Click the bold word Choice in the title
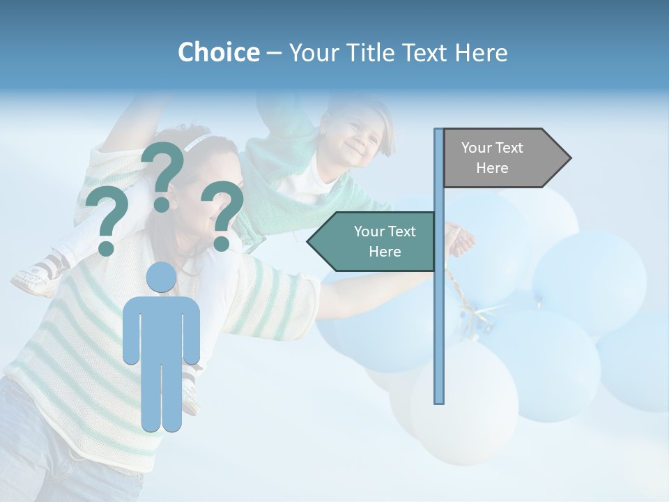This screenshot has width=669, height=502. tap(218, 52)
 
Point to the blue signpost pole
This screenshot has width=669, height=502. tap(439, 314)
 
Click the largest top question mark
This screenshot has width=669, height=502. tap(163, 174)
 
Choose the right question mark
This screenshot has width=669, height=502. tap(222, 215)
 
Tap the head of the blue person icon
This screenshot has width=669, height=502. tap(162, 277)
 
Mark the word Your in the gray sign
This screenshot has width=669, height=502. tap(477, 148)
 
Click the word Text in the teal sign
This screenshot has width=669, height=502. tap(401, 231)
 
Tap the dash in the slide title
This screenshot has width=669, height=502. tap(274, 53)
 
